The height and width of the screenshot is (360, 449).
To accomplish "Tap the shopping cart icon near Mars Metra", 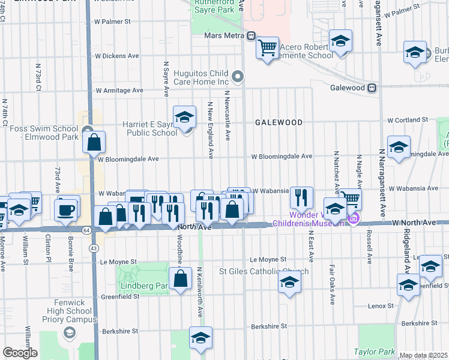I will coord(268,47).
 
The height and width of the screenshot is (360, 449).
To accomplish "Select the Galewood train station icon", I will coord(372,88).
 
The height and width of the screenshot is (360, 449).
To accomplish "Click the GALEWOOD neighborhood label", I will coord(278,122).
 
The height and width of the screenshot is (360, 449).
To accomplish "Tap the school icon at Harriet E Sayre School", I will coord(185,116).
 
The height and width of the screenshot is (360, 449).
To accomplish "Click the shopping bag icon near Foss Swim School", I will coord(94,143).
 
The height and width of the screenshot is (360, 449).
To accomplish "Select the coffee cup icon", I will coord(66,210).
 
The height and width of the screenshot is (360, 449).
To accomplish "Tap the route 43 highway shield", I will coord(93,248).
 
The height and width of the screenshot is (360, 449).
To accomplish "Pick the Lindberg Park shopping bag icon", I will coord(180,278).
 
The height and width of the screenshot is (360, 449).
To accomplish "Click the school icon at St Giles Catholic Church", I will coord(289,282).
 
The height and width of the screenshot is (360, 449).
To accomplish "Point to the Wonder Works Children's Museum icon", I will coord(354,218).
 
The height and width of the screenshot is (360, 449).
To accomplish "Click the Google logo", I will coord(20,353).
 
